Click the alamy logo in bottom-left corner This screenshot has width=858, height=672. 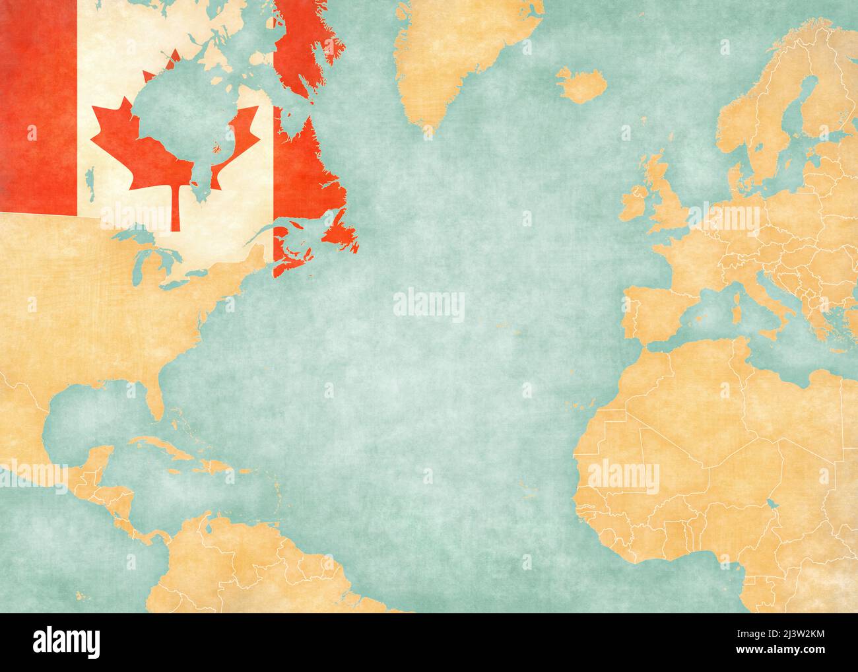point(67,640)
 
